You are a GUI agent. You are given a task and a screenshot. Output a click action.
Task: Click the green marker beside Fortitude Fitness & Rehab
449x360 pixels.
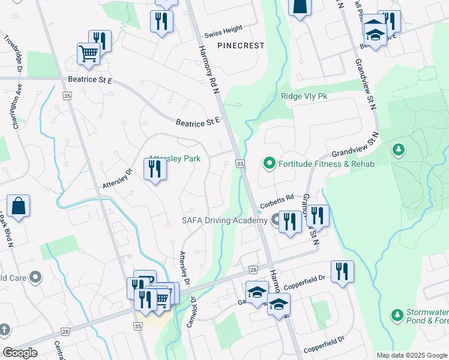[270, 163]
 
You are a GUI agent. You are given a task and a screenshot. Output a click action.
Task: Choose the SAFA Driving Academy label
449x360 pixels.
[224, 220]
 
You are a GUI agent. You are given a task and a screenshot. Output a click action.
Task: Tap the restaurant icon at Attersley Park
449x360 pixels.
[155, 169]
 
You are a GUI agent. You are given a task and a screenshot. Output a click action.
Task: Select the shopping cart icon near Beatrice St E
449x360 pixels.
[88, 53]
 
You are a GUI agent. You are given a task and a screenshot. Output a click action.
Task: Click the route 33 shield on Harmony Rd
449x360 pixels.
[240, 164]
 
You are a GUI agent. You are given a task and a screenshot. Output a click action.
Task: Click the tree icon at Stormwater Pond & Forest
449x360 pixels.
[396, 314]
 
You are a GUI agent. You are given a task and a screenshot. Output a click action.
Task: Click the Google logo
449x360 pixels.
[20, 353]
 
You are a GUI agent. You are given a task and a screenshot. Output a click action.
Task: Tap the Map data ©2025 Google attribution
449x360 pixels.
[412, 355]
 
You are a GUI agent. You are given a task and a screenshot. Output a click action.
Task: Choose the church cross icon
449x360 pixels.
[4, 329]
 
